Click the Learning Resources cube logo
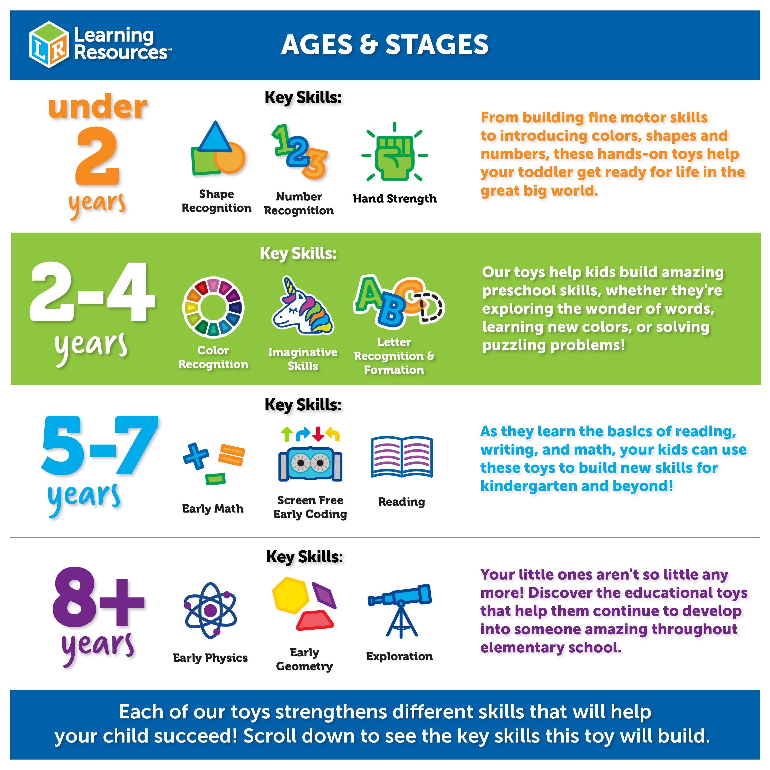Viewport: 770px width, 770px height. coord(49,45)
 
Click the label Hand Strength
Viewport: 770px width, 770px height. coord(394,198)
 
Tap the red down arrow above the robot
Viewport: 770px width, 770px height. coord(318,434)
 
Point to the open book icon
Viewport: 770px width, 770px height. coord(402,457)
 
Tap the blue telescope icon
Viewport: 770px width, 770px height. coord(400,611)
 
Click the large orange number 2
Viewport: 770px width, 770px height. coord(97,156)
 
